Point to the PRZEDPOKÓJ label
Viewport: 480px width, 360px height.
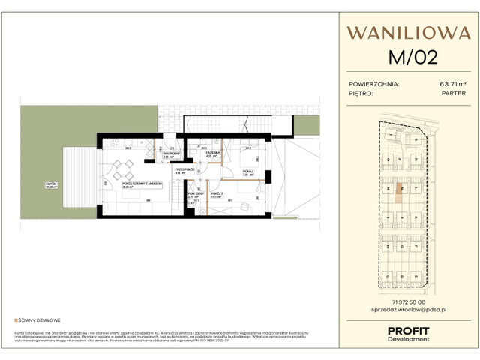184,171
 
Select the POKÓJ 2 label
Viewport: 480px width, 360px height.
217,194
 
